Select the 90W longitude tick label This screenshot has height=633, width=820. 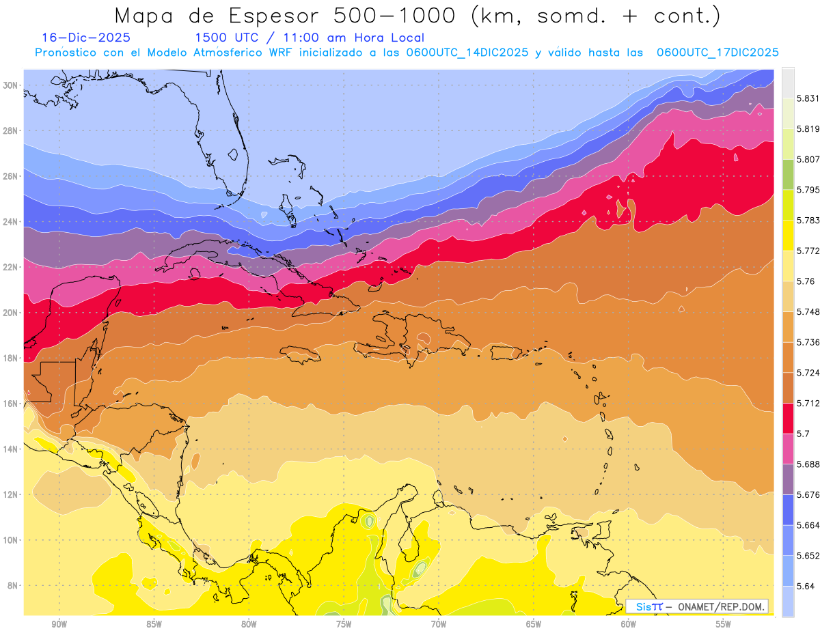click(x=59, y=624)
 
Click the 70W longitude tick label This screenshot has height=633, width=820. click(x=439, y=624)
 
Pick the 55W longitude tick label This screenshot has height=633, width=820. click(x=724, y=624)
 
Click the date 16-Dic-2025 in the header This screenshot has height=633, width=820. click(x=85, y=38)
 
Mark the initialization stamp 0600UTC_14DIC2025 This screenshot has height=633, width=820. click(x=469, y=53)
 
